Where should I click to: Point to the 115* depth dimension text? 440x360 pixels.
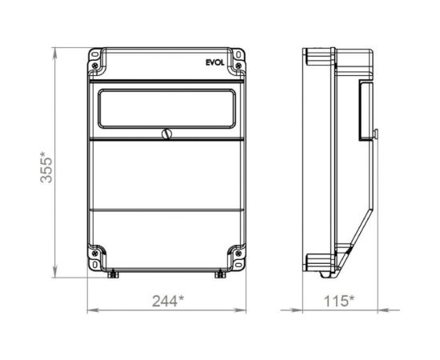[x=341, y=302]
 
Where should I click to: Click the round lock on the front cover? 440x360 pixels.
[x=167, y=134]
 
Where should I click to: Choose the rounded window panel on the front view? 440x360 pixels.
[x=166, y=108]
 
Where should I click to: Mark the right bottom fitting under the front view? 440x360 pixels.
[x=218, y=274]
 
